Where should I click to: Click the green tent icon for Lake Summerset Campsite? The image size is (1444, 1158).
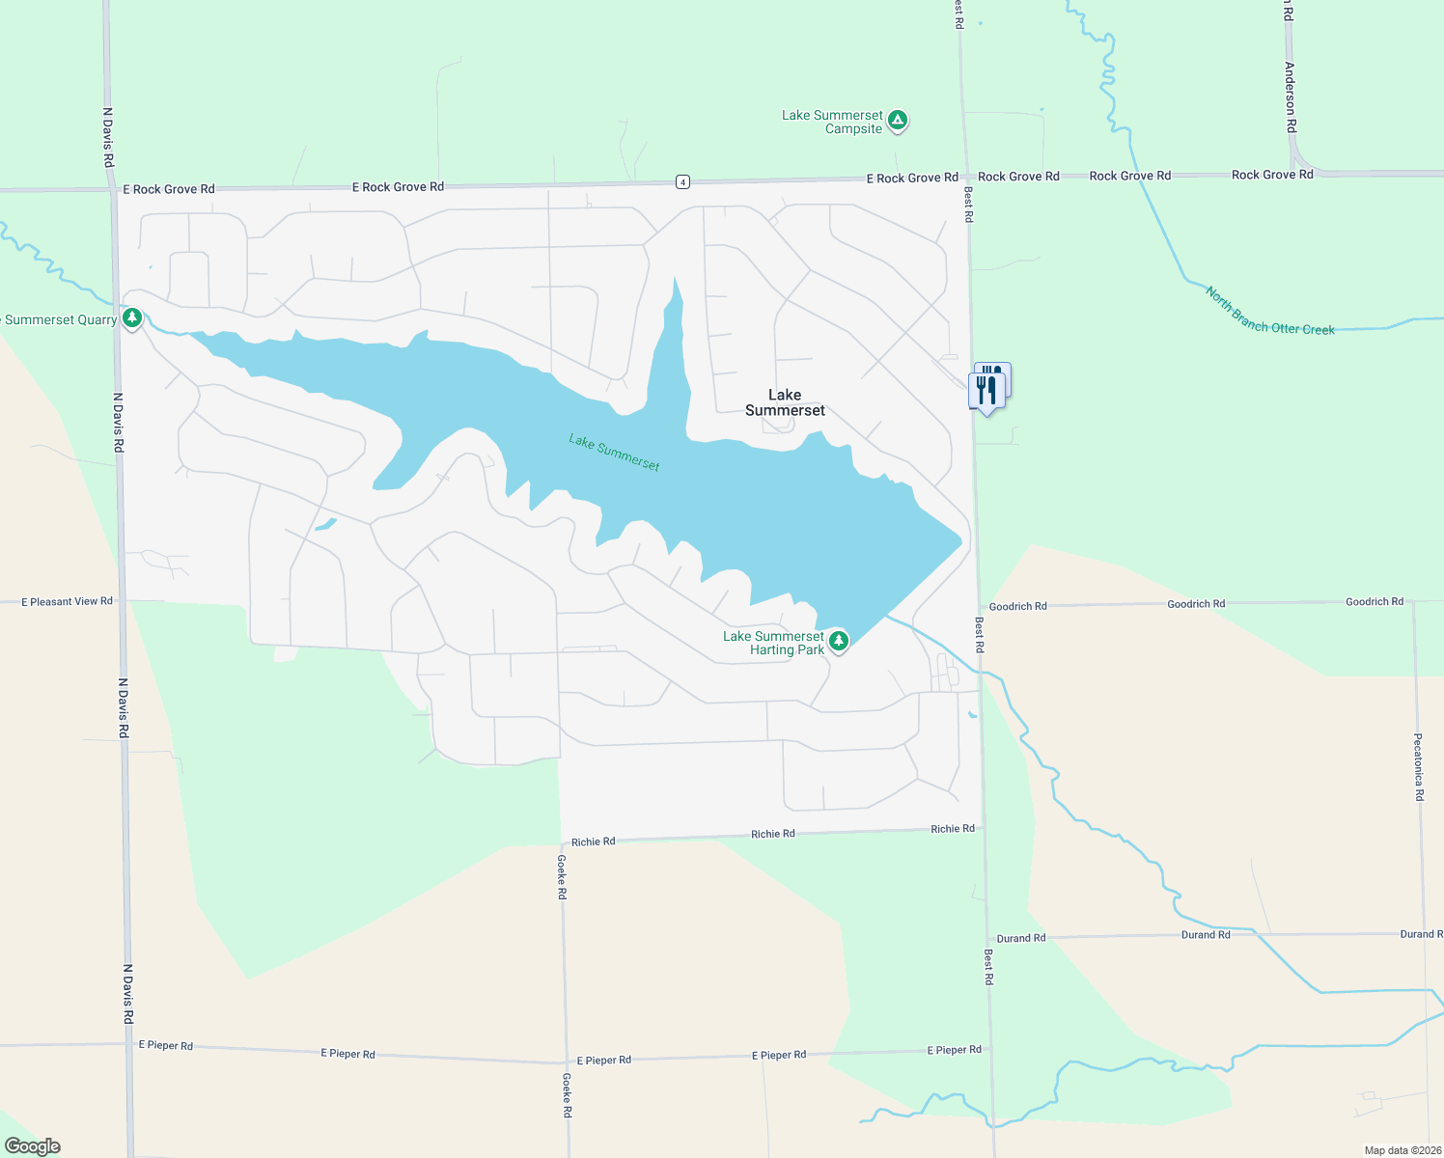[x=898, y=121]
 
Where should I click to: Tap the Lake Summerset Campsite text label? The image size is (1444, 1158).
[x=832, y=122]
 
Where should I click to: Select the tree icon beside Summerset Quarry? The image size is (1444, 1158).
[x=132, y=317]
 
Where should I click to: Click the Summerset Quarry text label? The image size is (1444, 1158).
[x=60, y=319]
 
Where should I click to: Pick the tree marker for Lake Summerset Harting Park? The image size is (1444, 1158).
[x=839, y=641]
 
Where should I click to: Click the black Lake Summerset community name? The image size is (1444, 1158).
[x=785, y=402]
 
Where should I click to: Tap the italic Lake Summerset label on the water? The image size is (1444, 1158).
[x=614, y=453]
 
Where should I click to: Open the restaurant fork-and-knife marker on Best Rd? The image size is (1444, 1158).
[x=986, y=390]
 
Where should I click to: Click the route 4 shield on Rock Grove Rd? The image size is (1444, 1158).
[x=682, y=181]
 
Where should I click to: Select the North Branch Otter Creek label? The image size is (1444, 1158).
[x=1269, y=312]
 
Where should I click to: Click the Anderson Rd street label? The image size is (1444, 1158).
[x=1290, y=97]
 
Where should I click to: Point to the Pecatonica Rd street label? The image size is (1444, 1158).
[x=1418, y=767]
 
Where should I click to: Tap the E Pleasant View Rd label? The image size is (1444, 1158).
[x=67, y=601]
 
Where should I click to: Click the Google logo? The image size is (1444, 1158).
[x=33, y=1146]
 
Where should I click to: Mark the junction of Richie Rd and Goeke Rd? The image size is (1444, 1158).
[x=561, y=842]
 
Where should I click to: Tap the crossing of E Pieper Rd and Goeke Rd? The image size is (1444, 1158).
[x=566, y=1062]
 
